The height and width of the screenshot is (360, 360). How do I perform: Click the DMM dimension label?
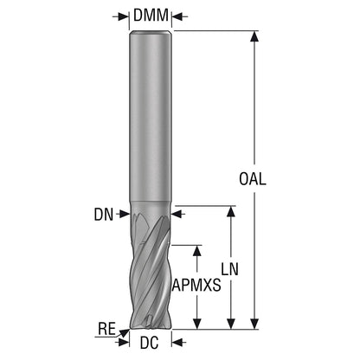(x=151, y=16)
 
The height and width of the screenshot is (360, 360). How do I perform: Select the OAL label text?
(x=253, y=178)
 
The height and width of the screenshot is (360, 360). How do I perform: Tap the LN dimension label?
(x=230, y=269)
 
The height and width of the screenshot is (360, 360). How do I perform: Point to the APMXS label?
(x=196, y=286)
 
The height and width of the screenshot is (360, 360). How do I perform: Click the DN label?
(x=104, y=215)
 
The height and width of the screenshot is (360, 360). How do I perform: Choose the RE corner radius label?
(x=106, y=329)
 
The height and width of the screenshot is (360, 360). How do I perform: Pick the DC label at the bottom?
(x=150, y=343)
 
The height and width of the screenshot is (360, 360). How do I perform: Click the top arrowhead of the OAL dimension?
(x=254, y=36)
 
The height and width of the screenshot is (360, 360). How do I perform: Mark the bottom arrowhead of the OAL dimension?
(x=254, y=324)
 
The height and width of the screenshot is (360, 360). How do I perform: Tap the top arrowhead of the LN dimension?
(x=231, y=211)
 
